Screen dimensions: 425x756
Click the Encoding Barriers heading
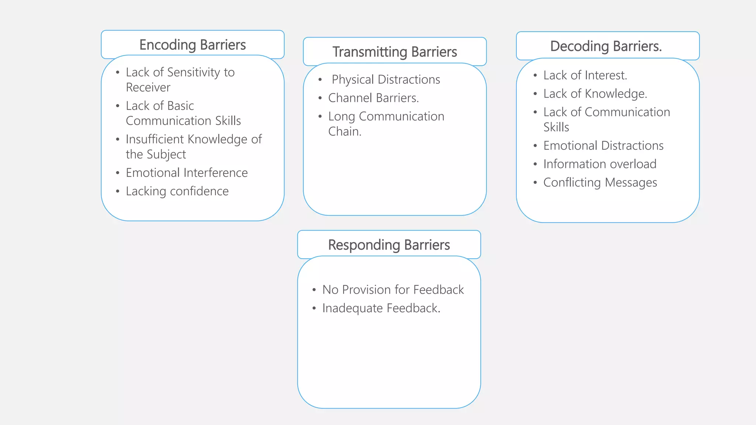[x=192, y=45]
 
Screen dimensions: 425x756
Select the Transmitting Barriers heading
[x=395, y=52]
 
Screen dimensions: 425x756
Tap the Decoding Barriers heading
[x=606, y=46]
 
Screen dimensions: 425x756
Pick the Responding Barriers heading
[x=389, y=245]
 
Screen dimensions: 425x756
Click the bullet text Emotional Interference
[x=186, y=173]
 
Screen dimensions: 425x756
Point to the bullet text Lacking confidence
[x=177, y=191]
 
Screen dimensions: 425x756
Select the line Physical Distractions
[x=385, y=80]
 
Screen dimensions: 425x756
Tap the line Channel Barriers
[x=373, y=98]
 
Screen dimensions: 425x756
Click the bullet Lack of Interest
[x=585, y=75]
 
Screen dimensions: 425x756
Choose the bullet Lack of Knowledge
[x=595, y=94]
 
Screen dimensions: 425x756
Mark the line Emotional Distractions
[x=603, y=146]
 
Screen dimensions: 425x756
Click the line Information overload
[x=599, y=164]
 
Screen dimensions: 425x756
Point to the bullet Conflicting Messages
[x=600, y=183]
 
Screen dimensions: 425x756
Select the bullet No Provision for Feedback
[x=393, y=290]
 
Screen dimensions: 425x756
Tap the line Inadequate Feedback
[x=381, y=308]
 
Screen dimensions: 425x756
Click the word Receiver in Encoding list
[x=148, y=87]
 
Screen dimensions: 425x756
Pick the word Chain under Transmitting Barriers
[x=344, y=132]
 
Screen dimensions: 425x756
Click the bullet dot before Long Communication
[x=320, y=117]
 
